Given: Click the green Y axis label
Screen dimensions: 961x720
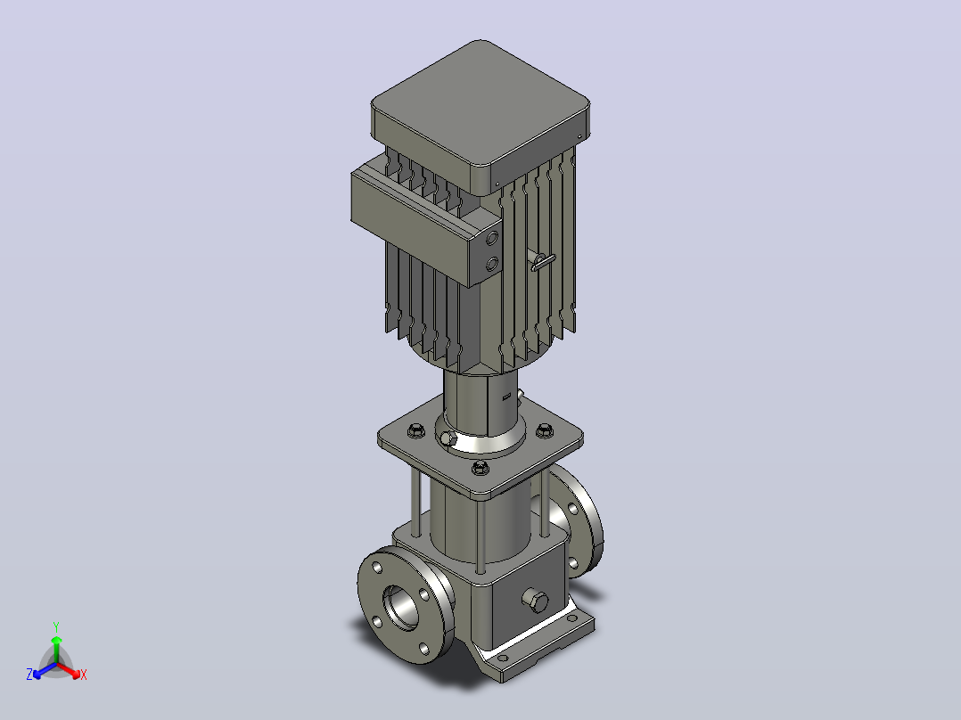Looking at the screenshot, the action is coord(56,626).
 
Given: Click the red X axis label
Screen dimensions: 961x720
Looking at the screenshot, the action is coord(84,675).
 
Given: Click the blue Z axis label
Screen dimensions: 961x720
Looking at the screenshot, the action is coord(29,674).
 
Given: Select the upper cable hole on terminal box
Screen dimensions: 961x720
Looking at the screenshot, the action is coord(491,238).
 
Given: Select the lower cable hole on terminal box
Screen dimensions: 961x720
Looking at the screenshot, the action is coord(491,264).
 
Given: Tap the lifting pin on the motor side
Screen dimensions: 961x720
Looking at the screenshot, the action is coord(543,262).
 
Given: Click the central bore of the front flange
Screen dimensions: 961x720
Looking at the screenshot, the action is coord(400,607).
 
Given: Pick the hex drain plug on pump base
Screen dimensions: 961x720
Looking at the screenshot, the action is coord(536,601).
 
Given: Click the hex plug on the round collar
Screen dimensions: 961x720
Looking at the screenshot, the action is coord(448,438).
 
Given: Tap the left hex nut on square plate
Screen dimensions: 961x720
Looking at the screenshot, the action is coord(415,430).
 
